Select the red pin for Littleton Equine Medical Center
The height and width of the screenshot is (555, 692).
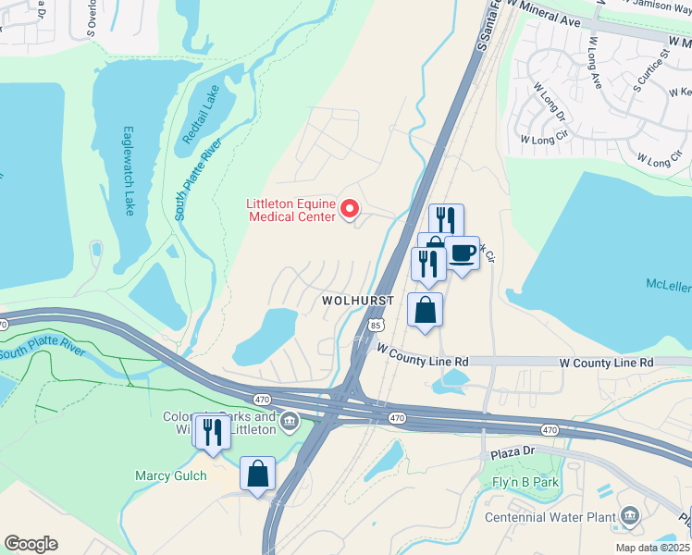350,210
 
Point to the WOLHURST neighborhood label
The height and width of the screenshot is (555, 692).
358,302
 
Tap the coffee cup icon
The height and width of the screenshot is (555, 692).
462,253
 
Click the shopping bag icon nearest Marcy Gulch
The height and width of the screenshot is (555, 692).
258,474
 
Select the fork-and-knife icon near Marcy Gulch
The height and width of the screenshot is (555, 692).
212,433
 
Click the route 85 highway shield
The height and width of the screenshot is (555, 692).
375,326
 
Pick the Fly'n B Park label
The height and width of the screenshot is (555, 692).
523,482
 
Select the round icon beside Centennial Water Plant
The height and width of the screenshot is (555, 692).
629,514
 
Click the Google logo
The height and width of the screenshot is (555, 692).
31,544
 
